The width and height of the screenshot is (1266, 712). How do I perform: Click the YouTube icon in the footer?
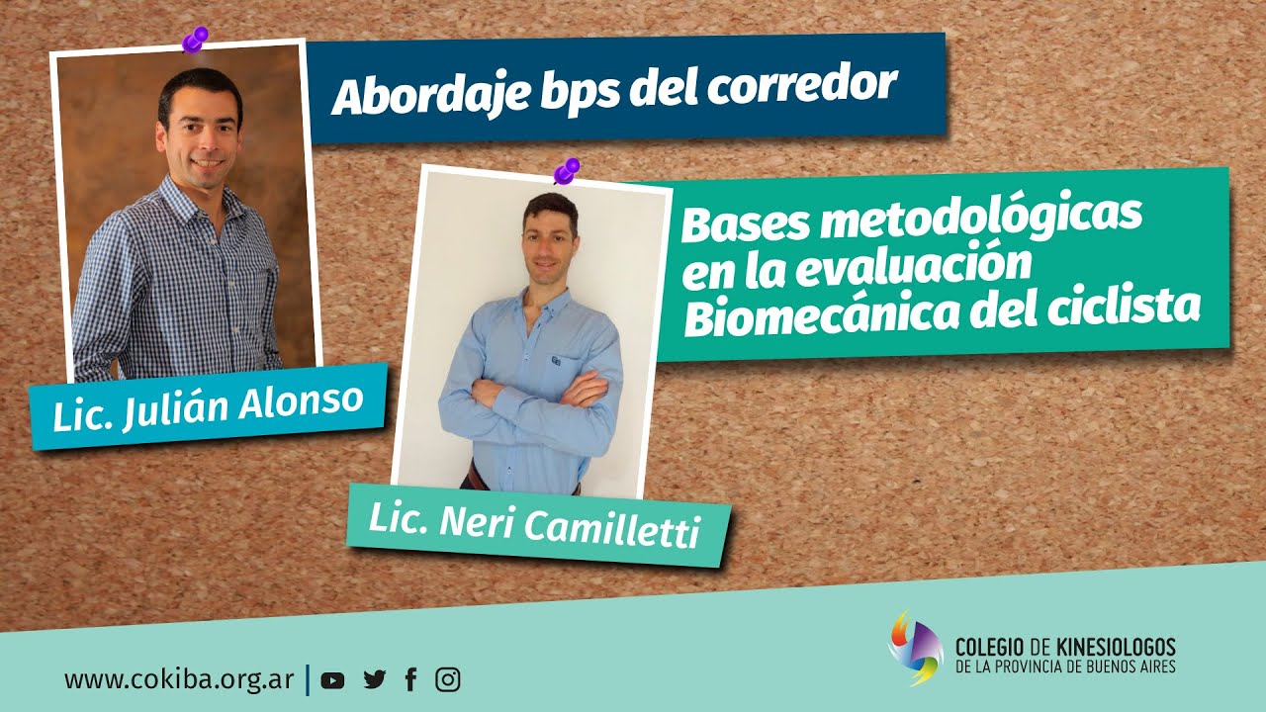coord(333,680)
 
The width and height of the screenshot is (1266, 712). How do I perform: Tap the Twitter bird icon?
coord(374,680)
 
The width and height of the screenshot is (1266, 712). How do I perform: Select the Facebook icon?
coord(411,680)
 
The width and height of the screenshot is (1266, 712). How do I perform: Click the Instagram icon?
coord(448,680)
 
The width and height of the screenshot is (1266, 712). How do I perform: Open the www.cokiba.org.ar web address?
coord(179,680)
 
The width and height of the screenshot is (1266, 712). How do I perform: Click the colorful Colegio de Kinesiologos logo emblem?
coord(915,648)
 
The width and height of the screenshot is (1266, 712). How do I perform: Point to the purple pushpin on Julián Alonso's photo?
coord(195,41)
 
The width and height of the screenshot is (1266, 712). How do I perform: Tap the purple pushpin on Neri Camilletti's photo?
coord(566,171)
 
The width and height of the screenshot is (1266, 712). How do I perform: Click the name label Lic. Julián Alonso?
coord(208,406)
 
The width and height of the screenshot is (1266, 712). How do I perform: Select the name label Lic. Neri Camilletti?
coord(534,524)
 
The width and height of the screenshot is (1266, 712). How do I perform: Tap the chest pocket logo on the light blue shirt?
coord(554,361)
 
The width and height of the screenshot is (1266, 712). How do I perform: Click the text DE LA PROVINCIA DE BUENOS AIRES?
coord(1065,668)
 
